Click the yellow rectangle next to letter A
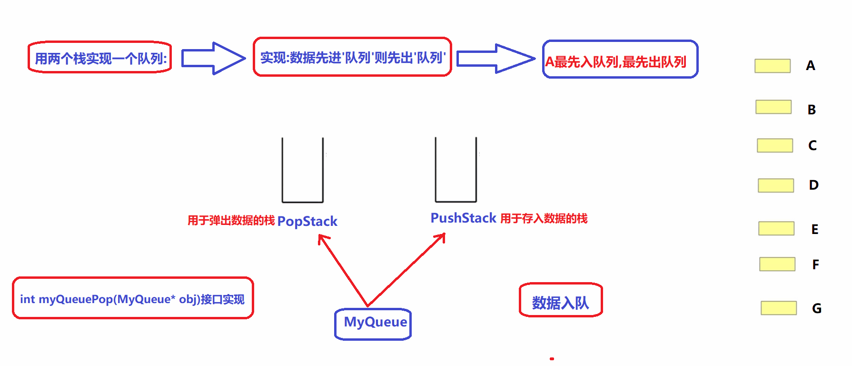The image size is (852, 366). point(773,66)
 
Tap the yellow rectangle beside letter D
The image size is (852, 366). point(776,185)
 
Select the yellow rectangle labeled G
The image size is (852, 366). point(779,308)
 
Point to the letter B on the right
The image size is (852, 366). point(812,110)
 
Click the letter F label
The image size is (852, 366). point(815,264)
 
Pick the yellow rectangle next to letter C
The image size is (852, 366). point(775,145)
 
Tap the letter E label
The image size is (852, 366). point(815,229)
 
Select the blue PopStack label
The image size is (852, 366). point(307,221)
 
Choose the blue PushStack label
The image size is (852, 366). point(463,218)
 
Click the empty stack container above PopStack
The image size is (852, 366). point(303,171)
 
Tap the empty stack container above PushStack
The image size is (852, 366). point(456,170)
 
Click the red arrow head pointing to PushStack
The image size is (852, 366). point(442,236)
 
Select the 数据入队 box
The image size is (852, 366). point(561,300)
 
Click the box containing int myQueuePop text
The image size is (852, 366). point(133,298)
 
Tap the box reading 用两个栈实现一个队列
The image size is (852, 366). point(100,58)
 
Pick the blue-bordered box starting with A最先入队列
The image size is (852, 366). point(620,60)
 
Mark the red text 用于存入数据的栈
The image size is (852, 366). point(544,218)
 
